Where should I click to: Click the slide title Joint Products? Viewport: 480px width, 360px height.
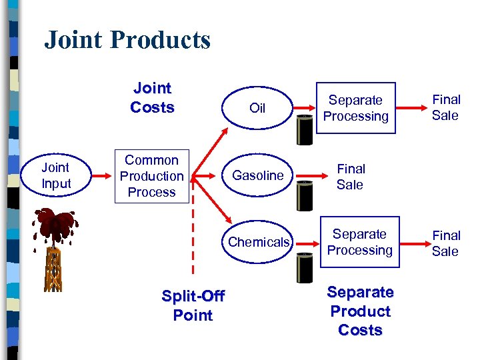pyautogui.click(x=127, y=40)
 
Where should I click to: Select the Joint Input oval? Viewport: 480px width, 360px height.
pyautogui.click(x=56, y=176)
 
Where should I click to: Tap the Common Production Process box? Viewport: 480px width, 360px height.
pyautogui.click(x=151, y=176)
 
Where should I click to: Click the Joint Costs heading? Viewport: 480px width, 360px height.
pyautogui.click(x=152, y=98)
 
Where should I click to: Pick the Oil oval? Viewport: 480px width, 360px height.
pyautogui.click(x=257, y=108)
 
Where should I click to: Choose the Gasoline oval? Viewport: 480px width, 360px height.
pyautogui.click(x=258, y=175)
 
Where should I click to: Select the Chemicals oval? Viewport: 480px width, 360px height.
pyautogui.click(x=259, y=242)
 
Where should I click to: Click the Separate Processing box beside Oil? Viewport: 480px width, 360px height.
pyautogui.click(x=355, y=108)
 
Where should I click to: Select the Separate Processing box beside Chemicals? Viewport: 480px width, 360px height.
pyautogui.click(x=359, y=242)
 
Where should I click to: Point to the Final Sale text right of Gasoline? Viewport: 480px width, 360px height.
pyautogui.click(x=351, y=177)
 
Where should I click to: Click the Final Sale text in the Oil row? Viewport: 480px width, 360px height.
pyautogui.click(x=446, y=107)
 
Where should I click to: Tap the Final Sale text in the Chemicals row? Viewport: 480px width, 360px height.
pyautogui.click(x=446, y=243)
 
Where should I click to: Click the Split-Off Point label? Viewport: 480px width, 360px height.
pyautogui.click(x=193, y=305)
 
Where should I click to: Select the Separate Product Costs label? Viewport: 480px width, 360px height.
pyautogui.click(x=361, y=311)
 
